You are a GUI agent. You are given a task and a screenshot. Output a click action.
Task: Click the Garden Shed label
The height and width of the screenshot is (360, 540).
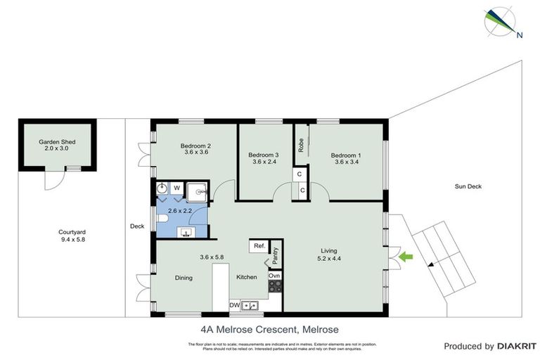click(x=57, y=141)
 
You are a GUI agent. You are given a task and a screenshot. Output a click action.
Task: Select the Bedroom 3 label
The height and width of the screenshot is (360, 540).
click(x=264, y=155)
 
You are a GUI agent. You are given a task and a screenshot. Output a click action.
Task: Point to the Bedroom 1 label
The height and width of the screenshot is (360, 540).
click(x=347, y=155)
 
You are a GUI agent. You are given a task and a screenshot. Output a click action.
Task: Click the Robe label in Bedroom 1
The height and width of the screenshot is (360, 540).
click(x=301, y=146)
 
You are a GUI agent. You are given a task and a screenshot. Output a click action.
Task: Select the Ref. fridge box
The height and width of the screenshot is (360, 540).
click(x=259, y=246)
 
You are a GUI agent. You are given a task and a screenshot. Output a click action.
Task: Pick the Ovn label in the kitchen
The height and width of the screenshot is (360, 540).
click(x=275, y=276)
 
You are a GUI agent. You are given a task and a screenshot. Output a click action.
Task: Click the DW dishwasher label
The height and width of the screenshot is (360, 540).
click(x=235, y=304)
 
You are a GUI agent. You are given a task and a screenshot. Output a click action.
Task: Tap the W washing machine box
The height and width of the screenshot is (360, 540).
click(x=177, y=188)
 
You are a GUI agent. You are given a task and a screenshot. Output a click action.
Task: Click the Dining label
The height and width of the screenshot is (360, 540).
click(x=183, y=278)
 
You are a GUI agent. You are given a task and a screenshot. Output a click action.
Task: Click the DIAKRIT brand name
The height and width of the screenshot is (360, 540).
click(x=517, y=346)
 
